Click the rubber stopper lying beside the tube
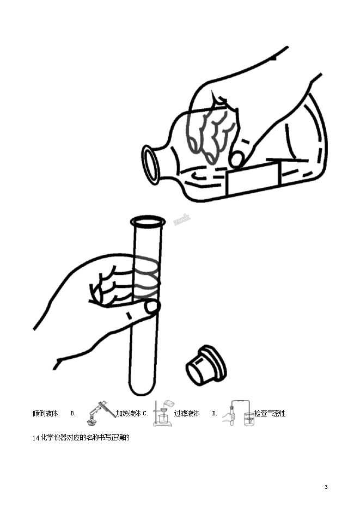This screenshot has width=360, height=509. (x=206, y=365)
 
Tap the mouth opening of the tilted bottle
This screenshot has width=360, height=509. (x=150, y=165)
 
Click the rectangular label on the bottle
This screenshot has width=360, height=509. (x=253, y=179)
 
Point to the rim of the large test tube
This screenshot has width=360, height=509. (x=148, y=222)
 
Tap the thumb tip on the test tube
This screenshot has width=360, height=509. (x=152, y=307)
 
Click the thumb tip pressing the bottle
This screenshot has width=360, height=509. (x=237, y=159)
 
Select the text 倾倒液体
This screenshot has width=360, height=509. (x=45, y=414)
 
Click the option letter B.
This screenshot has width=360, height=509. (x=73, y=414)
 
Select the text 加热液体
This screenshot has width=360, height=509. (x=129, y=414)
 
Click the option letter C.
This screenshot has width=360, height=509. (x=145, y=414)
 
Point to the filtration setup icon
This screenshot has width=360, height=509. (x=163, y=413)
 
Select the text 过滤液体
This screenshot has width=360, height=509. (x=187, y=414)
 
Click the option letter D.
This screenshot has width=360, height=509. (x=215, y=414)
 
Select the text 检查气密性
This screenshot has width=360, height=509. (x=270, y=414)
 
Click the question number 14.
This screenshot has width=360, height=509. (x=36, y=438)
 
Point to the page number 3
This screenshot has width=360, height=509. (x=326, y=487)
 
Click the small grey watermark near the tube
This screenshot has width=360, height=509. (x=182, y=220)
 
